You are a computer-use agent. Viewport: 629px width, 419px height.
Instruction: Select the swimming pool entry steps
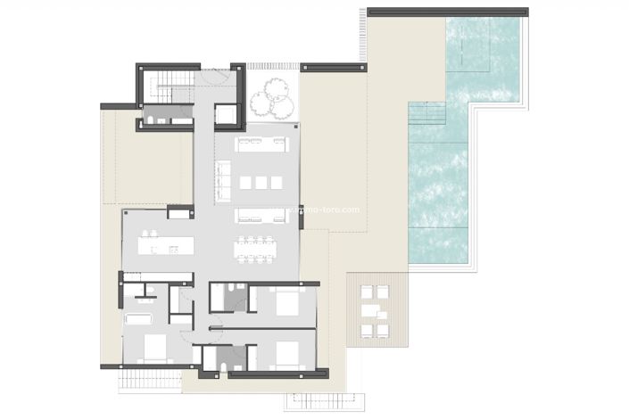pos(426,114)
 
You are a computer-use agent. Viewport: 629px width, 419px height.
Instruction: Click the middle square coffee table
pos(261,182)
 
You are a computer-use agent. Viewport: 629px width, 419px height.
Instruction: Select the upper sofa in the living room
pos(261,144)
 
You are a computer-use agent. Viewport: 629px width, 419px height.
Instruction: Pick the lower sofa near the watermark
pos(261,215)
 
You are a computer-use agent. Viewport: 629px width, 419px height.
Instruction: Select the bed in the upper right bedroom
pos(287,302)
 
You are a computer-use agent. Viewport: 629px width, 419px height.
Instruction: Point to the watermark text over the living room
pos(321,210)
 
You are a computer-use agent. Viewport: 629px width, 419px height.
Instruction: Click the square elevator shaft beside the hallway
pos(227,115)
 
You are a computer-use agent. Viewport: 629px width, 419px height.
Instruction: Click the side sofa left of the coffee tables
pos(223,183)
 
